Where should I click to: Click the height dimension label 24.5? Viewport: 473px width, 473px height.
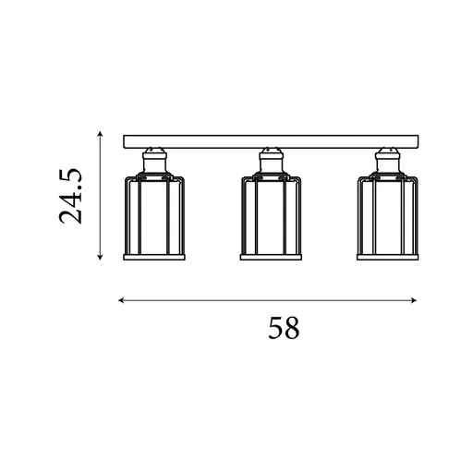click(71, 196)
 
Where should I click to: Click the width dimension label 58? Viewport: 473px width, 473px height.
click(284, 328)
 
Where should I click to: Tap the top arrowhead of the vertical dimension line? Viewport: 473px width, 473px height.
click(100, 134)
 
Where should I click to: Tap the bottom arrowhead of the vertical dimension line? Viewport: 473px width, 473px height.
click(100, 258)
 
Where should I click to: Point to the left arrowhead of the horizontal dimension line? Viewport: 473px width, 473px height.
click(121, 300)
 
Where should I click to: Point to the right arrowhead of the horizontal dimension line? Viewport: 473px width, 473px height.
click(414, 300)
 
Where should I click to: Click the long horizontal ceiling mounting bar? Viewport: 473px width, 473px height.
click(271, 141)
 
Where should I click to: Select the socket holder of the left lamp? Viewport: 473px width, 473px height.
click(154, 161)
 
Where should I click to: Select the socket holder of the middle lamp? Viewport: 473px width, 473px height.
click(271, 161)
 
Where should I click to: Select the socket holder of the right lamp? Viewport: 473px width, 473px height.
click(387, 161)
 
